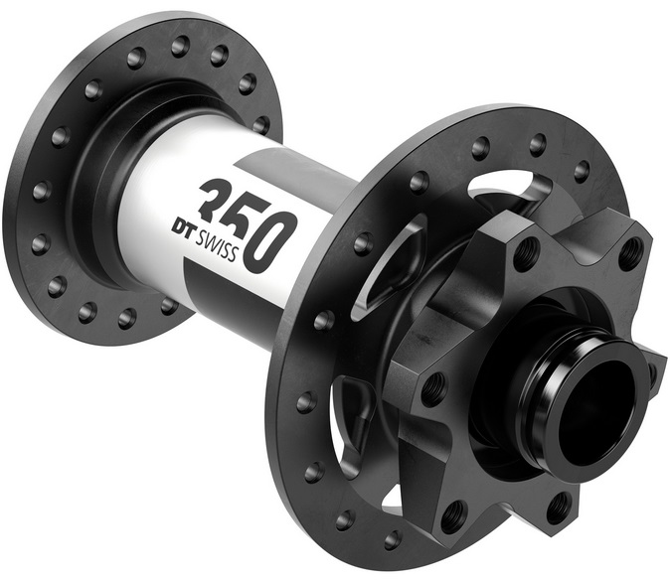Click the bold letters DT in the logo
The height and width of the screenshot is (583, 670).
[182, 228]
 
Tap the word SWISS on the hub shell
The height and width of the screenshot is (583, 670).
[216, 246]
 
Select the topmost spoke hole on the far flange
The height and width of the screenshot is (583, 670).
[180, 46]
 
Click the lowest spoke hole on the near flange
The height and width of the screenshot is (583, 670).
[393, 540]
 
